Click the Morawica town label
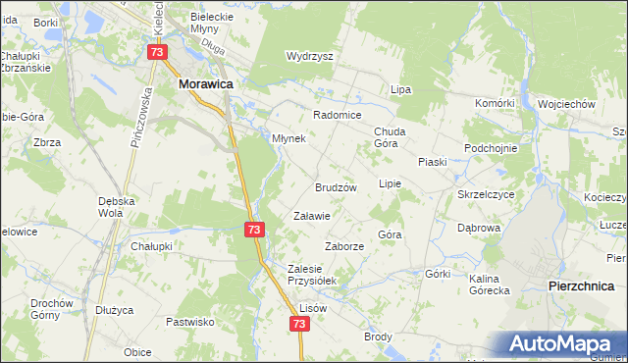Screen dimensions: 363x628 (204, 85)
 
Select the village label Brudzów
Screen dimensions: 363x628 (335, 186)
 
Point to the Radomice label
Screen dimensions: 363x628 (338, 113)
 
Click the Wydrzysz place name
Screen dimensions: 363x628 (309, 56)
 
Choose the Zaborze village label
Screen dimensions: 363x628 (344, 246)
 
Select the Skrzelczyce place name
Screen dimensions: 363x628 (486, 194)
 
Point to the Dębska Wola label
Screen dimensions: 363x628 (116, 206)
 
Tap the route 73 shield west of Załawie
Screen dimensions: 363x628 (253, 229)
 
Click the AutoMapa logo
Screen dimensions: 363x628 (561, 343)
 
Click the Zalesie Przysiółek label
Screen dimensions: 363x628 (311, 274)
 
